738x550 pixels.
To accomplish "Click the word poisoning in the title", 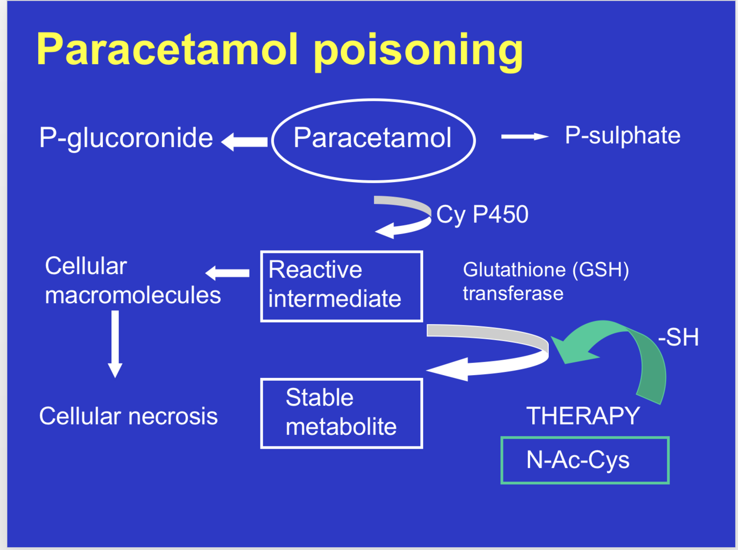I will (x=418, y=50).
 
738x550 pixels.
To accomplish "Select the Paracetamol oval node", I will (x=373, y=139).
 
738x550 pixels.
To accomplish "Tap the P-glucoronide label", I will (x=126, y=138).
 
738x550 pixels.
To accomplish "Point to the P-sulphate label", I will (x=622, y=136).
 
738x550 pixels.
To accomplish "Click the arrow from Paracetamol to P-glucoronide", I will (x=245, y=142).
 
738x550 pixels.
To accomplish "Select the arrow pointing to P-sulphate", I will (x=524, y=136).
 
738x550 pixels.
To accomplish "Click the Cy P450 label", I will (x=482, y=215).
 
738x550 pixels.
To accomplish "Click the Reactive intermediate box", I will (x=341, y=286).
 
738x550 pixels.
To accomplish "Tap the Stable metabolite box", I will (x=341, y=413).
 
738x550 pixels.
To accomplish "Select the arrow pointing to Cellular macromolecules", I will (x=227, y=273).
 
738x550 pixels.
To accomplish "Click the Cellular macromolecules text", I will (x=132, y=281).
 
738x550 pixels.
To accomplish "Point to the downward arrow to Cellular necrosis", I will (x=115, y=344).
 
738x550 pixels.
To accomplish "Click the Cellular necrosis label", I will (x=128, y=416).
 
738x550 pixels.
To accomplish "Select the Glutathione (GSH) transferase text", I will (x=545, y=281).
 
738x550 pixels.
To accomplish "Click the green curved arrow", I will (x=620, y=349).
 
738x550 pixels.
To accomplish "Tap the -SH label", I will (x=678, y=337).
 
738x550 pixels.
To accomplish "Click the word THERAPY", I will (x=583, y=416).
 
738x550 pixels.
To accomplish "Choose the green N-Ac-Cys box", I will (x=585, y=460).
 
